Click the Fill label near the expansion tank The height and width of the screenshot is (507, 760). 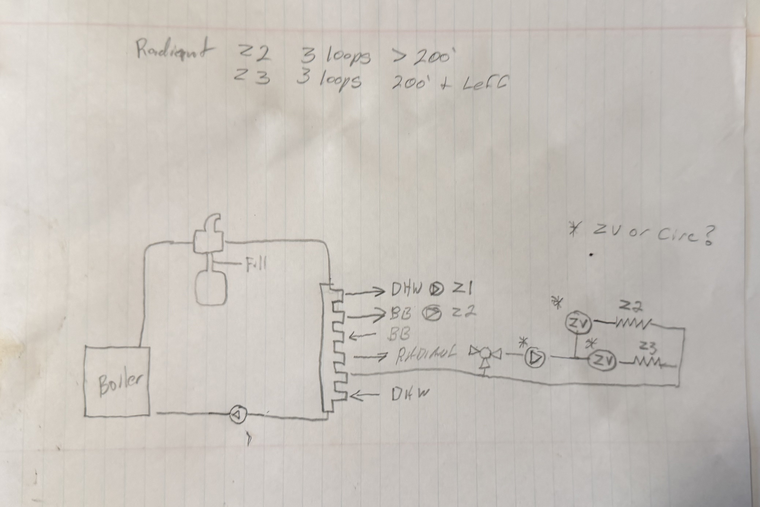click(x=256, y=265)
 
